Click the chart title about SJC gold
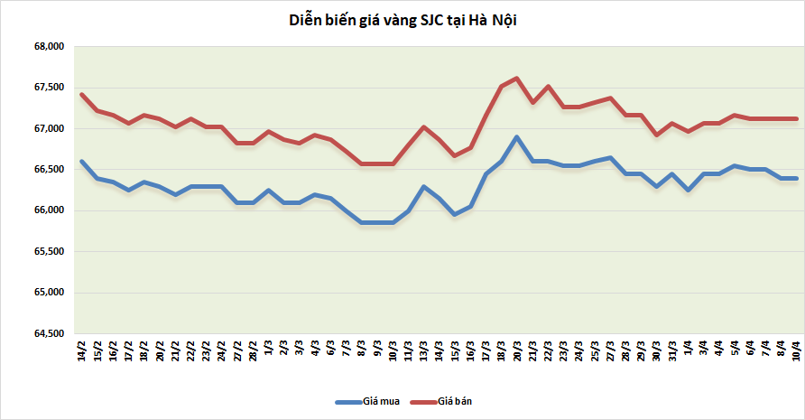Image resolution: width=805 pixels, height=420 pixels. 402,21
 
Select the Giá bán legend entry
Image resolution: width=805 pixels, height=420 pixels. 456,400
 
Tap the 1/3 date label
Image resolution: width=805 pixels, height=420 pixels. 268,349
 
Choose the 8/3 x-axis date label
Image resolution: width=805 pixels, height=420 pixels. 361,349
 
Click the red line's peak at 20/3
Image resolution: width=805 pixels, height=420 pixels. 516,78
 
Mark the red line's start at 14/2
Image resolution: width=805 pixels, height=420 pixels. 82,94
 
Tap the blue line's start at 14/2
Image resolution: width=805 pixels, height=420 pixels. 82,162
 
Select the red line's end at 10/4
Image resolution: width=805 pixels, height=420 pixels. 796,118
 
